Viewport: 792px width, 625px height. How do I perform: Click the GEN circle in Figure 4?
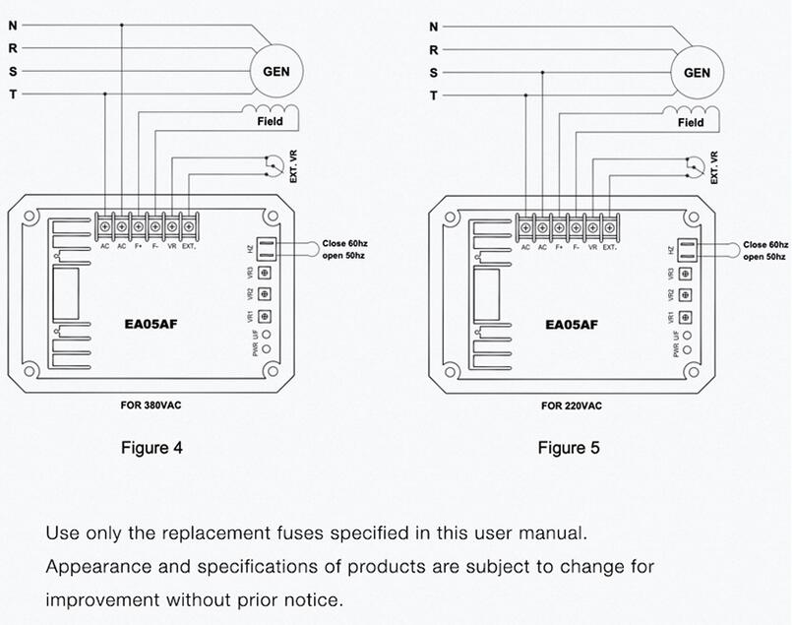click(x=276, y=71)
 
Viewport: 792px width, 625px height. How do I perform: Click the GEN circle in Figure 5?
click(x=697, y=73)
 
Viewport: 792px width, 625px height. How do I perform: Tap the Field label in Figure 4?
click(x=270, y=121)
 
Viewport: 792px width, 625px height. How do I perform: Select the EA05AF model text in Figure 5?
click(x=572, y=324)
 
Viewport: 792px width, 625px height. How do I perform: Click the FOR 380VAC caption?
click(x=151, y=404)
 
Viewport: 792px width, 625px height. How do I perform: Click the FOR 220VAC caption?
click(x=572, y=405)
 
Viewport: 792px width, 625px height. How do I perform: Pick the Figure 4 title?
click(x=152, y=448)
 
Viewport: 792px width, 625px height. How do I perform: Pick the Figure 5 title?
click(x=569, y=448)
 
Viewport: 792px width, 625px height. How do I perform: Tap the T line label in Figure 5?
click(x=433, y=95)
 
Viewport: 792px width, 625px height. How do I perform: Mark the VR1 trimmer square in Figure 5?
click(x=686, y=316)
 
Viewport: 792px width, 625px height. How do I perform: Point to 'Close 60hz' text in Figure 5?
click(x=765, y=244)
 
